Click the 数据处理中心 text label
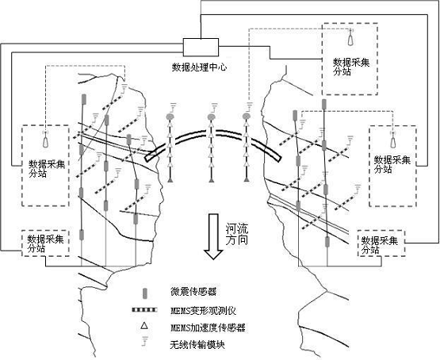pyautogui.click(x=199, y=67)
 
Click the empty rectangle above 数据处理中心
pyautogui.click(x=201, y=48)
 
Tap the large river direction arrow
pyautogui.click(x=213, y=236)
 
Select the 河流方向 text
pyautogui.click(x=237, y=235)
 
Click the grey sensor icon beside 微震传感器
pyautogui.click(x=145, y=293)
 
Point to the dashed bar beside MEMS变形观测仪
pyautogui.click(x=144, y=310)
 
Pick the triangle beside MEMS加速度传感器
pyautogui.click(x=144, y=325)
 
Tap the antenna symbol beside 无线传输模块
pyautogui.click(x=145, y=341)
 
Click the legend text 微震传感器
pyautogui.click(x=193, y=292)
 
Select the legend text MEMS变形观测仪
pyautogui.click(x=204, y=311)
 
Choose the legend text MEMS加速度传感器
pyautogui.click(x=208, y=327)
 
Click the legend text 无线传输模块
pyautogui.click(x=197, y=345)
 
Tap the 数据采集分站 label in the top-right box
pyautogui.click(x=351, y=67)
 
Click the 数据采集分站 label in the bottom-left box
pyautogui.click(x=46, y=244)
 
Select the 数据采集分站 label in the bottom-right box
pyautogui.click(x=380, y=245)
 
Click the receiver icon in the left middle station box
pyautogui.click(x=45, y=140)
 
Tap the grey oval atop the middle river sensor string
pyautogui.click(x=212, y=116)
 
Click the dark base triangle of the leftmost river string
pyautogui.click(x=170, y=179)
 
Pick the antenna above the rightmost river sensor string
pyautogui.click(x=249, y=107)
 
